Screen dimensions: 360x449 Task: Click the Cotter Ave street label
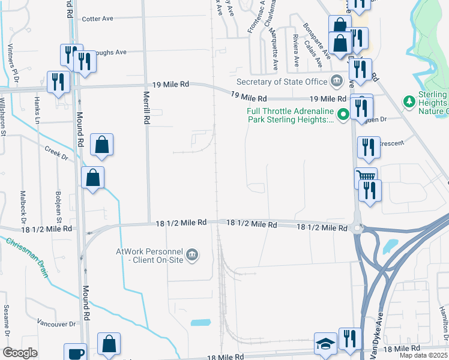coord(98,19)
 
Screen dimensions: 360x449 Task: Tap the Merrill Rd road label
coord(146,107)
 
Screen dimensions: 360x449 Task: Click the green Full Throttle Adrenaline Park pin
coord(343,113)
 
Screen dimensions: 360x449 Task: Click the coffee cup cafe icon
coord(76,353)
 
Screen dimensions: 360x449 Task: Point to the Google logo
coord(20,353)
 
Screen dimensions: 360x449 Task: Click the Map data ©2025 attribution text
coord(423,355)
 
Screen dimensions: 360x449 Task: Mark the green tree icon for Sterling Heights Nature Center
coord(410,101)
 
